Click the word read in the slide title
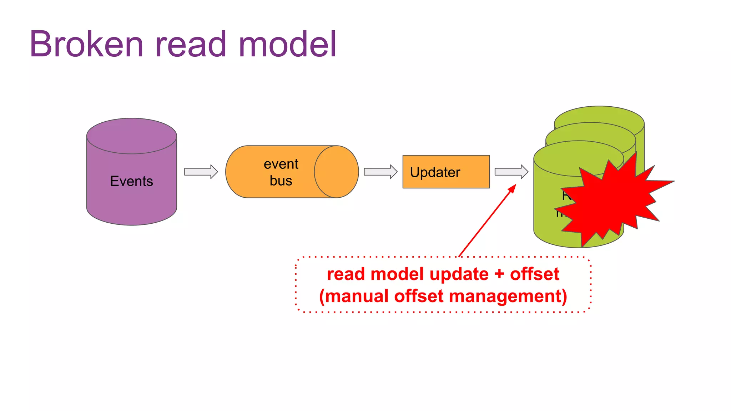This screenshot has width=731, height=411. tap(191, 44)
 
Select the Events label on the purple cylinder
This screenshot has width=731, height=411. tap(131, 181)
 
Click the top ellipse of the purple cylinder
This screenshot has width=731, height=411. tap(131, 136)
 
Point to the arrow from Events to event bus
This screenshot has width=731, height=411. tap(201, 172)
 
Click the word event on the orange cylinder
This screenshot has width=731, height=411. tap(281, 164)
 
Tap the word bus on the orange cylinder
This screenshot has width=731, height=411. tap(281, 181)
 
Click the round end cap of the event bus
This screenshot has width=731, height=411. tap(336, 172)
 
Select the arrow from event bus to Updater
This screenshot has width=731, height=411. tap(380, 172)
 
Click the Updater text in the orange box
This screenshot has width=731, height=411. tap(435, 172)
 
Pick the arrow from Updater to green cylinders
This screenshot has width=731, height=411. tap(511, 172)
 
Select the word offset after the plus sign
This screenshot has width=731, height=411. tap(534, 274)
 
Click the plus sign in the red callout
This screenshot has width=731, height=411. tap(499, 274)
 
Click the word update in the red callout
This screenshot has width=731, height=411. tap(459, 274)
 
